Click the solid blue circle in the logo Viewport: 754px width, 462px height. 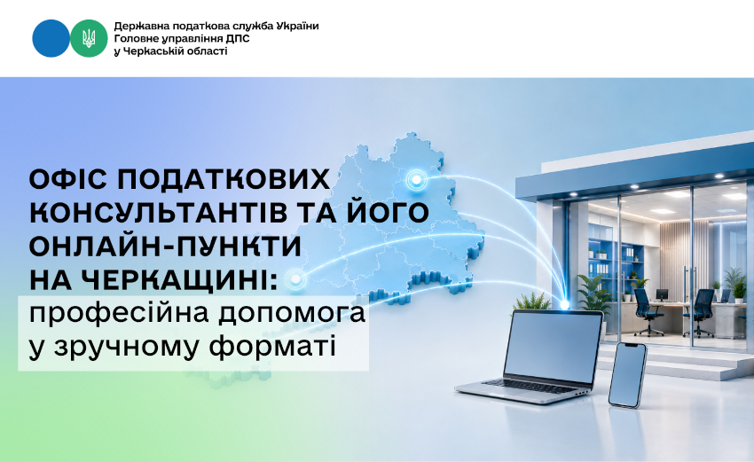[x=51, y=38]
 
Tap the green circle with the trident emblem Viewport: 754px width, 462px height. [x=89, y=38]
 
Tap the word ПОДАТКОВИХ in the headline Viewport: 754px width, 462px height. [x=224, y=180]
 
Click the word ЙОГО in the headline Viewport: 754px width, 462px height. [x=389, y=212]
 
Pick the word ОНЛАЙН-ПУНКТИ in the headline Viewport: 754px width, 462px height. [x=165, y=247]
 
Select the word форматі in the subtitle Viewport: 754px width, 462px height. [x=272, y=348]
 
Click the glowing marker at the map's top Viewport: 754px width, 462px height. [x=416, y=180]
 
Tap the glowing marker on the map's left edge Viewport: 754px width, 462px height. [x=295, y=278]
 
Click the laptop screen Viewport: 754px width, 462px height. [x=553, y=347]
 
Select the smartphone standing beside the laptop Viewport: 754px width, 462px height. [x=627, y=375]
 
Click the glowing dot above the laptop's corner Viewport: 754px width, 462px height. [x=564, y=305]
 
